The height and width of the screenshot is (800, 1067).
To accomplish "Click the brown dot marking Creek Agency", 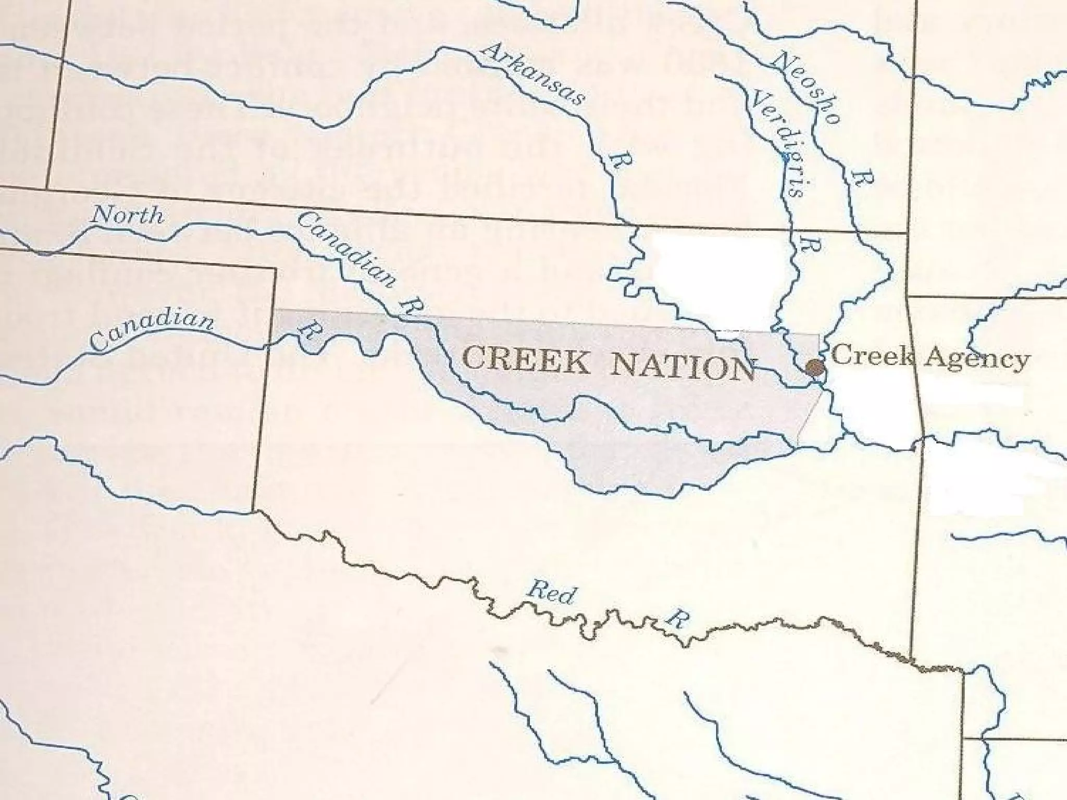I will tap(815, 368).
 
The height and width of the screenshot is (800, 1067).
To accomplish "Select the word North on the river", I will tap(128, 215).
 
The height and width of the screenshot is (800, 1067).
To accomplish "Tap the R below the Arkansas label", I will tap(621, 160).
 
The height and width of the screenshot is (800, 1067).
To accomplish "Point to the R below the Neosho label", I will tap(862, 177).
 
